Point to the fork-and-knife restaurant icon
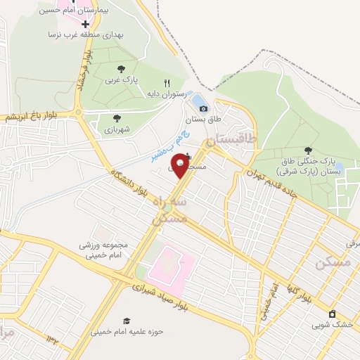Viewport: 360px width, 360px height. (x=167, y=82)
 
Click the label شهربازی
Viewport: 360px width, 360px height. (x=117, y=129)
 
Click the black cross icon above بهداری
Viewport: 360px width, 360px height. (x=85, y=24)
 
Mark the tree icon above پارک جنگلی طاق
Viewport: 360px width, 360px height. (x=307, y=150)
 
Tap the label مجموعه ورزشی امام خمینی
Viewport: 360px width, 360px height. (x=105, y=251)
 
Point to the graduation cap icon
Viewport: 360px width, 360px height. (x=127, y=321)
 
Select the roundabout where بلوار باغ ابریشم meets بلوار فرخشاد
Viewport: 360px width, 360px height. (x=79, y=112)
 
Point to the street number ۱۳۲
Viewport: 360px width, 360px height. (x=53, y=339)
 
